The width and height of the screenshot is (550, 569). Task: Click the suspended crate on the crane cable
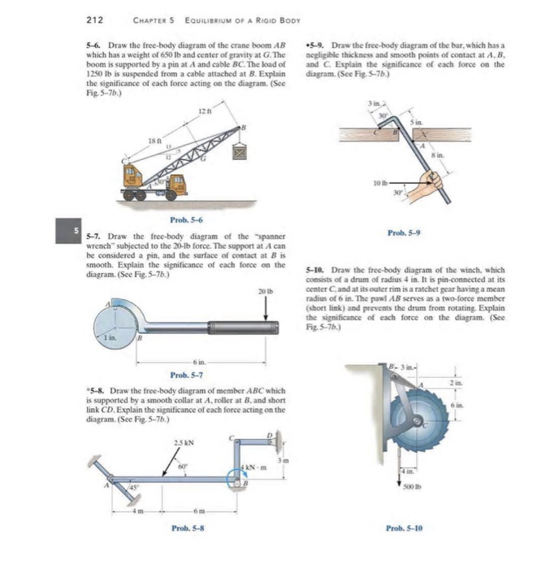[x=240, y=151]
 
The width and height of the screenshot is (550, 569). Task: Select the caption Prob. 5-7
[x=186, y=375]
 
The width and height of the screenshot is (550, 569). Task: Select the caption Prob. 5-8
[x=186, y=528]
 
